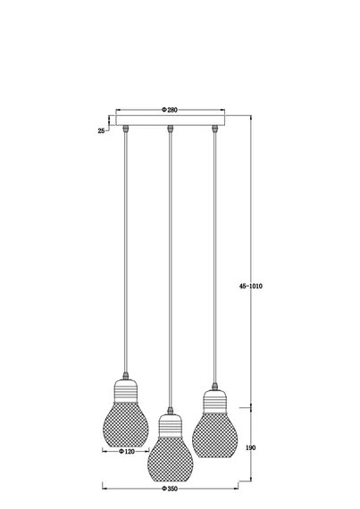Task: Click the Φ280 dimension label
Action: click(x=170, y=110)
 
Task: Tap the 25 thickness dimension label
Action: click(x=101, y=130)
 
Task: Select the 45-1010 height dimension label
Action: click(x=251, y=286)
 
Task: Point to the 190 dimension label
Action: click(x=251, y=447)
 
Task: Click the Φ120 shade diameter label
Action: click(x=127, y=452)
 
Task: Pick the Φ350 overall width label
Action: click(x=170, y=488)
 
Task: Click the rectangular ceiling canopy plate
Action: click(x=171, y=121)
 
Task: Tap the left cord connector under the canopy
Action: click(x=126, y=129)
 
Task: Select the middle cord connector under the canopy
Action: click(x=170, y=129)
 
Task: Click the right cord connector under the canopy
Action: click(x=214, y=129)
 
